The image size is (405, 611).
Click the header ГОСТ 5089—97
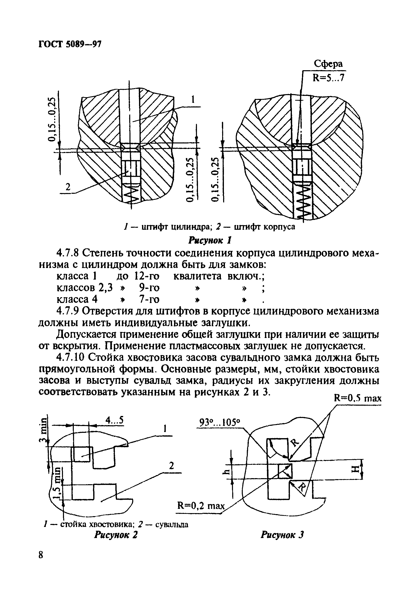70,44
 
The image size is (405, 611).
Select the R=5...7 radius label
328,78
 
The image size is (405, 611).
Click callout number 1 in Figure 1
192,100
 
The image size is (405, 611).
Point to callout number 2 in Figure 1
68,186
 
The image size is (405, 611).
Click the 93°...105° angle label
220,423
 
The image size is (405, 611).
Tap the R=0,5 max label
357,398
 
